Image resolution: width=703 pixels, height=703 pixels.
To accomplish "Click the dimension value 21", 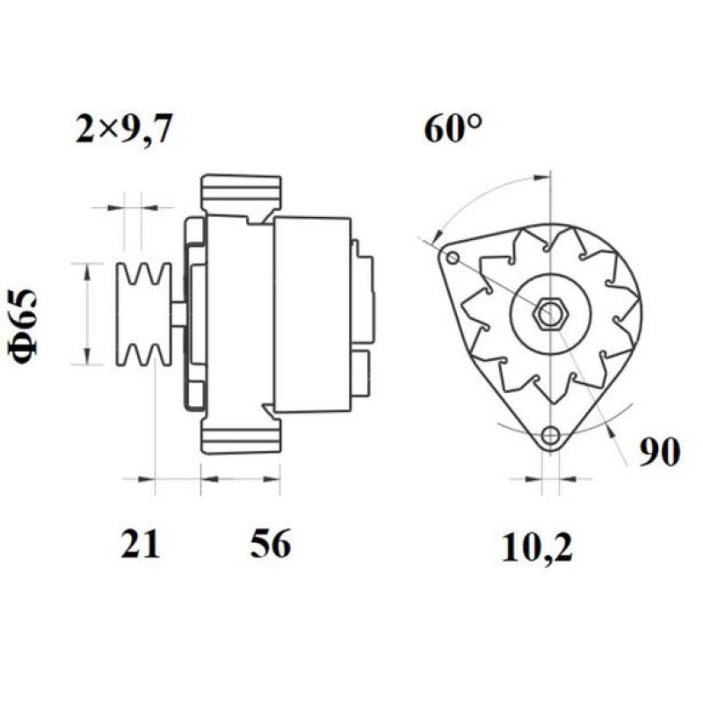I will (x=141, y=545).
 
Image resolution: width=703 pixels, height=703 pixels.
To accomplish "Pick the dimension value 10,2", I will (x=537, y=548).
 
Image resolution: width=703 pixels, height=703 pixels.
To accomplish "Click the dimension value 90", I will (x=659, y=453).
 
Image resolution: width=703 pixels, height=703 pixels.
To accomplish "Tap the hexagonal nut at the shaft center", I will (x=549, y=314).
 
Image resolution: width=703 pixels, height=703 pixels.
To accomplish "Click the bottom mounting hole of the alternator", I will (x=550, y=434).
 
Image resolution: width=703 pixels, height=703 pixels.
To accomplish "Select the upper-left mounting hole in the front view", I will (x=453, y=258).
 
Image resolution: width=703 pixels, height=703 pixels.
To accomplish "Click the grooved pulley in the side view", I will (x=145, y=314).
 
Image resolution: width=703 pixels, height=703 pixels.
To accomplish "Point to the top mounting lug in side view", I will (x=241, y=194).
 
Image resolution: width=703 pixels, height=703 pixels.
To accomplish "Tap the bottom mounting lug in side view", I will (x=241, y=434).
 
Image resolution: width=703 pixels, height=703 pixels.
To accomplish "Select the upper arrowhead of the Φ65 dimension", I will (x=86, y=268).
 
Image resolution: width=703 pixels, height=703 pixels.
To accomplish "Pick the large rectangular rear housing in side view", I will (x=312, y=314).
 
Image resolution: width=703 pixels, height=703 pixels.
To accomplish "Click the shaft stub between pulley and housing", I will (x=178, y=314).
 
